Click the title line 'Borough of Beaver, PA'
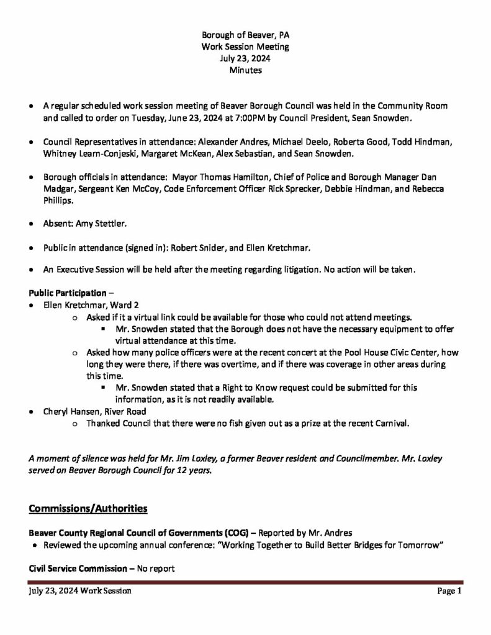pos(245,35)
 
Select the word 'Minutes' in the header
pos(245,71)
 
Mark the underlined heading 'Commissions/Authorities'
pos(88,509)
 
